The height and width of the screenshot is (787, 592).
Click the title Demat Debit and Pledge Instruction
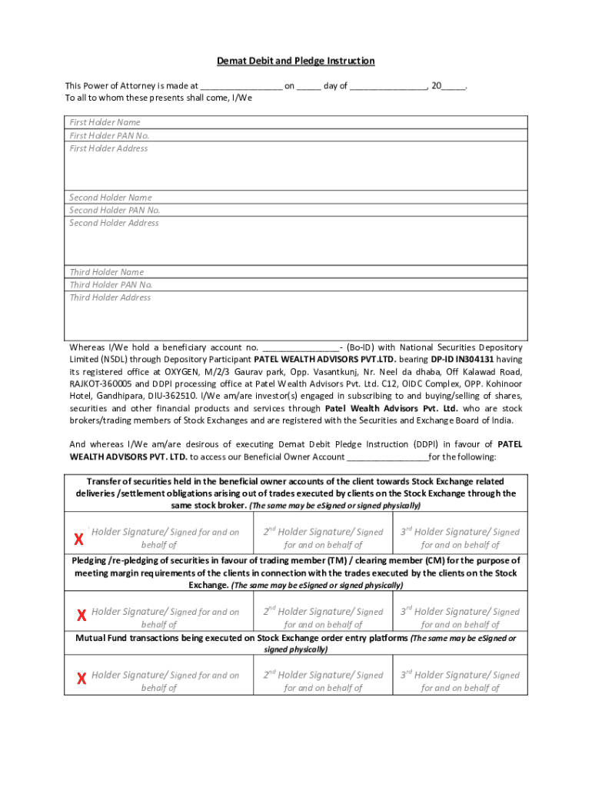click(x=296, y=61)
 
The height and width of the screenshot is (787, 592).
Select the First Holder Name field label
click(x=105, y=122)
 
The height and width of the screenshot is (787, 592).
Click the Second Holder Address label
click(x=114, y=223)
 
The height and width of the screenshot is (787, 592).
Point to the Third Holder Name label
click(x=107, y=272)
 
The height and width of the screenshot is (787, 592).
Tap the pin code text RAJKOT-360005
click(x=101, y=384)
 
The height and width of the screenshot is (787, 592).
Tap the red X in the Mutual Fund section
click(x=81, y=679)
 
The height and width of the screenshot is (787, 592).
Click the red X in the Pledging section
click(x=81, y=616)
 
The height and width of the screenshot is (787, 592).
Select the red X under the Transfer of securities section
click(x=78, y=539)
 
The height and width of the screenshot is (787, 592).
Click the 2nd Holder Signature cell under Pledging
click(x=323, y=618)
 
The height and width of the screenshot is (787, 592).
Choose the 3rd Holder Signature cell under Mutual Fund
click(x=460, y=681)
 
